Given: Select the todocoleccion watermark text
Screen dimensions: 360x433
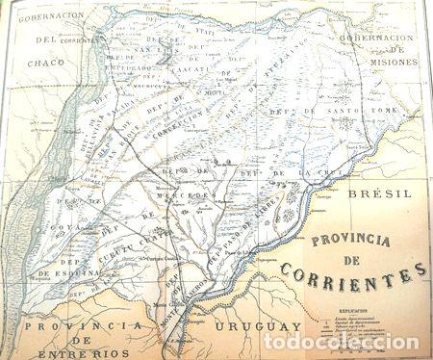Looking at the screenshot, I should (341, 342).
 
